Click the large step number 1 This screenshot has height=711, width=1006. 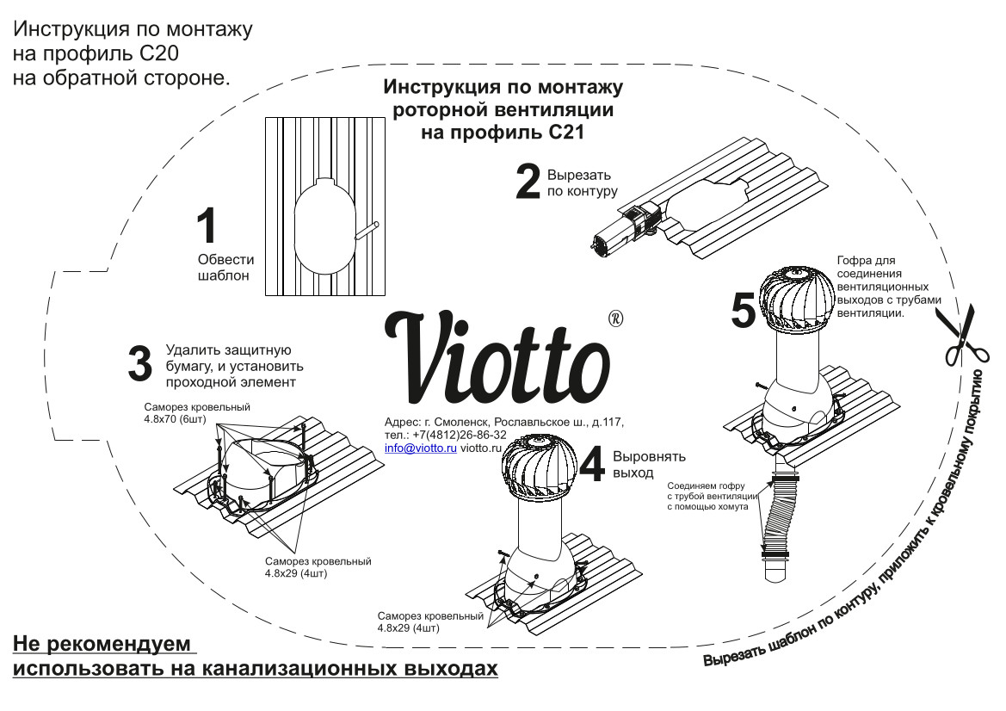click(207, 228)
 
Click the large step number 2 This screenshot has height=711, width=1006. click(528, 181)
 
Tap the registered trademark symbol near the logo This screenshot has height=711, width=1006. click(615, 318)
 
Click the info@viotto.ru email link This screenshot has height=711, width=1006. click(420, 448)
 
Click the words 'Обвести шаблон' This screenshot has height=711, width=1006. click(225, 268)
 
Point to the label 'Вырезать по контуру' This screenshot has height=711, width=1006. click(582, 182)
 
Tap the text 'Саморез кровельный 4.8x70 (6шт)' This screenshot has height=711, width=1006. click(197, 413)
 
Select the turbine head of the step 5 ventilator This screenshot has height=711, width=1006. click(790, 297)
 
